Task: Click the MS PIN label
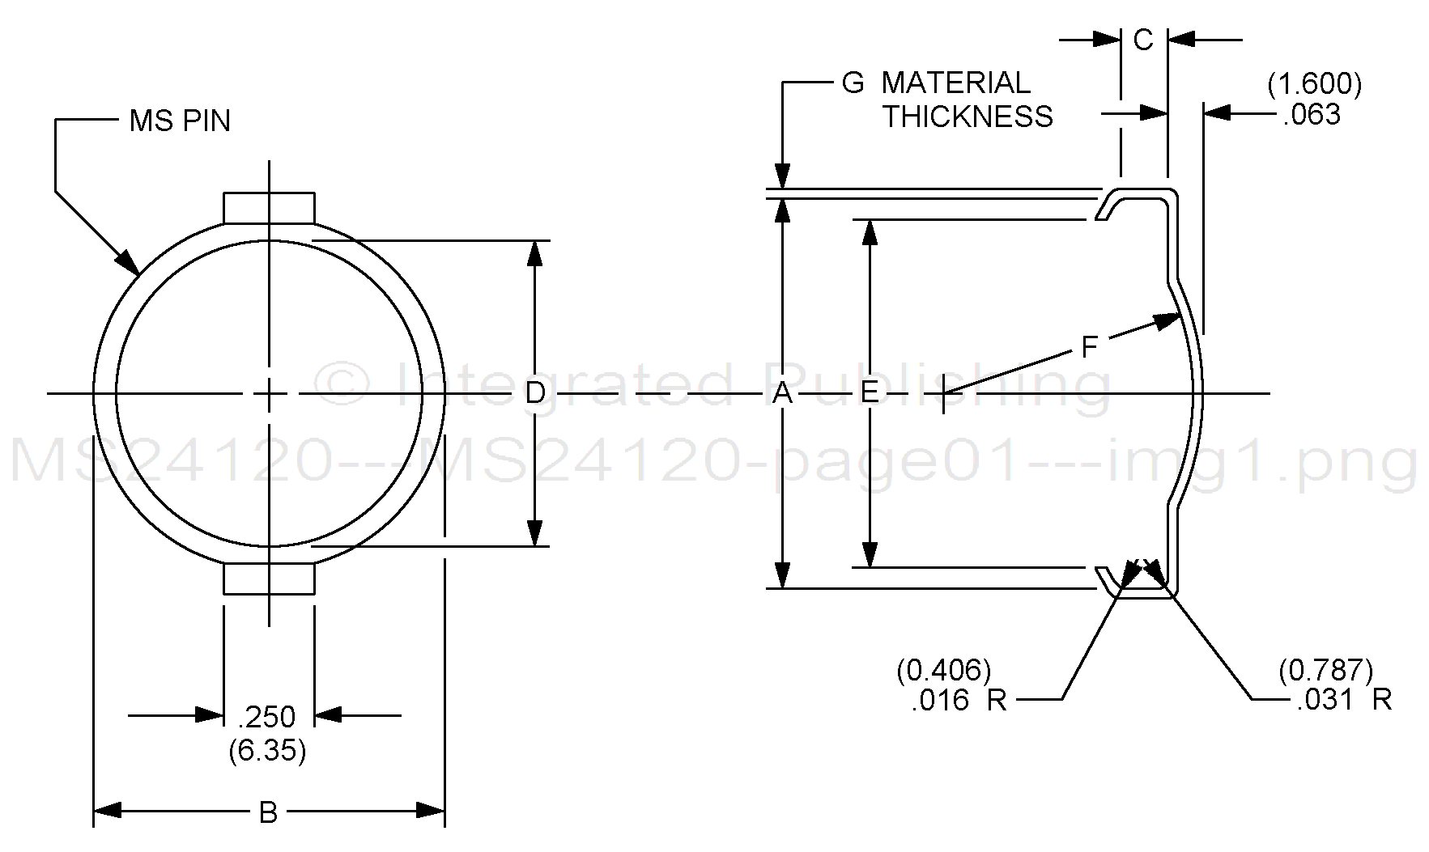pos(180,121)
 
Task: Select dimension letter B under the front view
pos(268,812)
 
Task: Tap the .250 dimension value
pos(267,717)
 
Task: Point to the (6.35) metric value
pos(267,751)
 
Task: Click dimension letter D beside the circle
pos(534,393)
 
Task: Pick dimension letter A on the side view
pos(781,393)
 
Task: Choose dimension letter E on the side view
pos(869,393)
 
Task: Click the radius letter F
pos(1089,348)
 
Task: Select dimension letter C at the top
pos(1143,40)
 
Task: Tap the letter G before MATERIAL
pos(853,83)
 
